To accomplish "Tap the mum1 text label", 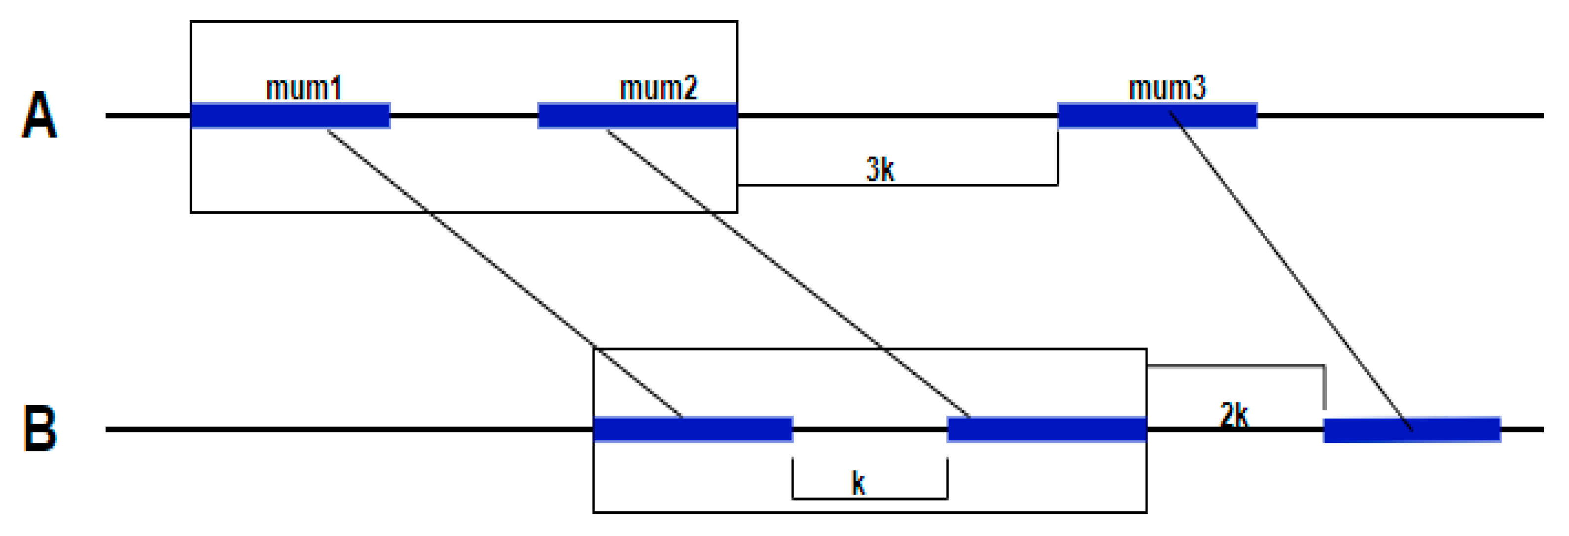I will (303, 88).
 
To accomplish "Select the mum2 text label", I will (658, 88).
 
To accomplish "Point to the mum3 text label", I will (1167, 88).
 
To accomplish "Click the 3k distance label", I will (880, 169).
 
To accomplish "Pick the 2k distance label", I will (1233, 416).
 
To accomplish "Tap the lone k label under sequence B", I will (857, 484).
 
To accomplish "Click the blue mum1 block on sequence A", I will (290, 116).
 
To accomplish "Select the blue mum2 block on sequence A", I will (637, 116).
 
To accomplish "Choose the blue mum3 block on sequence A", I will (1157, 116).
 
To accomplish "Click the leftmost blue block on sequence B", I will (692, 429).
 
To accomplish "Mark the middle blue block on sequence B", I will (1046, 429).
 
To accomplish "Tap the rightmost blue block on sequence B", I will (1412, 429).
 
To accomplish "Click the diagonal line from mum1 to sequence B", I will (504, 273).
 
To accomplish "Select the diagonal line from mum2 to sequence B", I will (787, 273).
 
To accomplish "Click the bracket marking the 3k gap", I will (898, 184).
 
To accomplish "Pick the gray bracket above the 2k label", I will (1237, 366).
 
